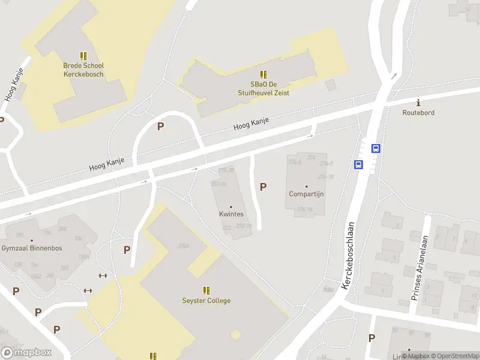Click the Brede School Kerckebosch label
[x=83, y=70]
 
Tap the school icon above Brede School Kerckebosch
[x=83, y=56]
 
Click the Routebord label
[x=418, y=112]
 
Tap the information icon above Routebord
[x=418, y=103]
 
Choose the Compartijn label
[x=306, y=194]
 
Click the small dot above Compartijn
[x=306, y=186]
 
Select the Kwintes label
[x=231, y=214]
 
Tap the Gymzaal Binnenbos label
[x=32, y=248]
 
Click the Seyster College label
[x=206, y=301]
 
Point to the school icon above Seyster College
[x=206, y=290]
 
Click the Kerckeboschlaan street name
[x=348, y=255]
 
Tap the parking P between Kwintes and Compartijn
[x=263, y=187]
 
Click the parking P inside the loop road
[x=160, y=127]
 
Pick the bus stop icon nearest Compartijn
[x=358, y=165]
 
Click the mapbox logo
[x=26, y=352]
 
